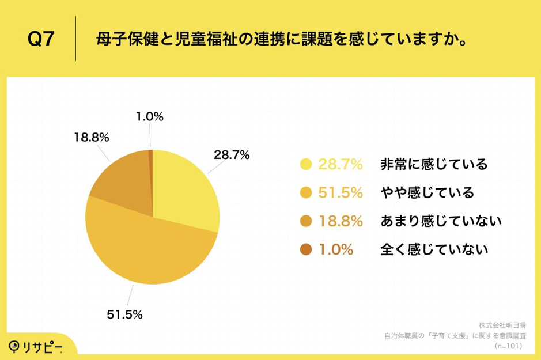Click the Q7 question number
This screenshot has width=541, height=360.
pos(41,40)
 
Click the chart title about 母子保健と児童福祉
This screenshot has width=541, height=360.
pos(281,40)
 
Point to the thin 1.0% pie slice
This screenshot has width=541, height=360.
pos(151,167)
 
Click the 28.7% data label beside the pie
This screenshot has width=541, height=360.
pos(232,154)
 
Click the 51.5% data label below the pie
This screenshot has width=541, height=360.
pos(125,314)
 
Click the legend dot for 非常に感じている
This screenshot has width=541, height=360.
pos(306,165)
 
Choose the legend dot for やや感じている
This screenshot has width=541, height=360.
pos(306,193)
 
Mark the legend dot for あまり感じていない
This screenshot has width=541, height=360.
pos(306,221)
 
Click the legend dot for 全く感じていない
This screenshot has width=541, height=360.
pos(306,249)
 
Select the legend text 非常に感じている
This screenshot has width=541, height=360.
pos(434,165)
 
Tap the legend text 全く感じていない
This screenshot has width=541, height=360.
pos(434,249)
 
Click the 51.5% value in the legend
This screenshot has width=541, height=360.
pos(340,193)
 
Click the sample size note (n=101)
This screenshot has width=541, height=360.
pos(508,346)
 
